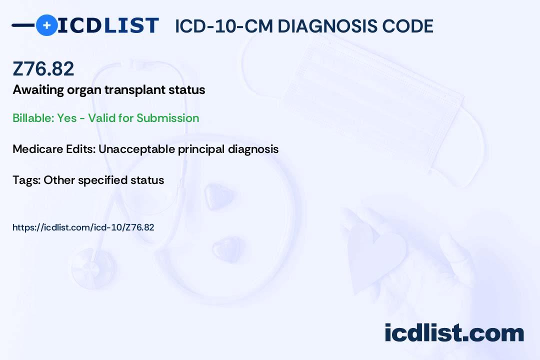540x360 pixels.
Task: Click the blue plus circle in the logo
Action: (46, 25)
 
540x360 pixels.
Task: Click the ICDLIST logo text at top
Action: (108, 25)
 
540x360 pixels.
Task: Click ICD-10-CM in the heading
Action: (224, 26)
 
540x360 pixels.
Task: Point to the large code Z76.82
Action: (43, 68)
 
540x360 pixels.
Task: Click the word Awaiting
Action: (38, 90)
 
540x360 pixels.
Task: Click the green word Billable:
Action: (33, 118)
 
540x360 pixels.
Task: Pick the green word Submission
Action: (167, 118)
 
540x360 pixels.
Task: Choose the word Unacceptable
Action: (136, 149)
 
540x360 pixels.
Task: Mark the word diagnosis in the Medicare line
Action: (253, 149)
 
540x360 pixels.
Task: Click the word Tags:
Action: (26, 180)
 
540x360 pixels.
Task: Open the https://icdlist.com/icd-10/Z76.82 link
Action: (83, 227)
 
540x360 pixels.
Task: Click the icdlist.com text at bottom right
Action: (454, 332)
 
